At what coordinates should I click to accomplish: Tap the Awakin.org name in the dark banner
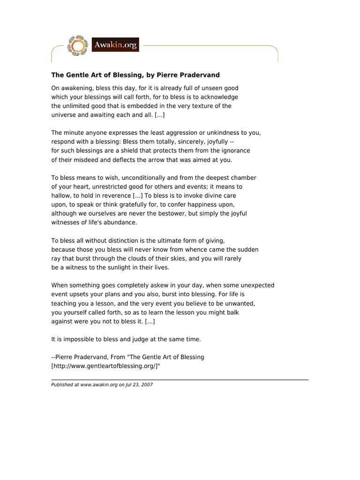coord(116,45)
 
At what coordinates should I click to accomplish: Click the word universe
coord(64,115)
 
